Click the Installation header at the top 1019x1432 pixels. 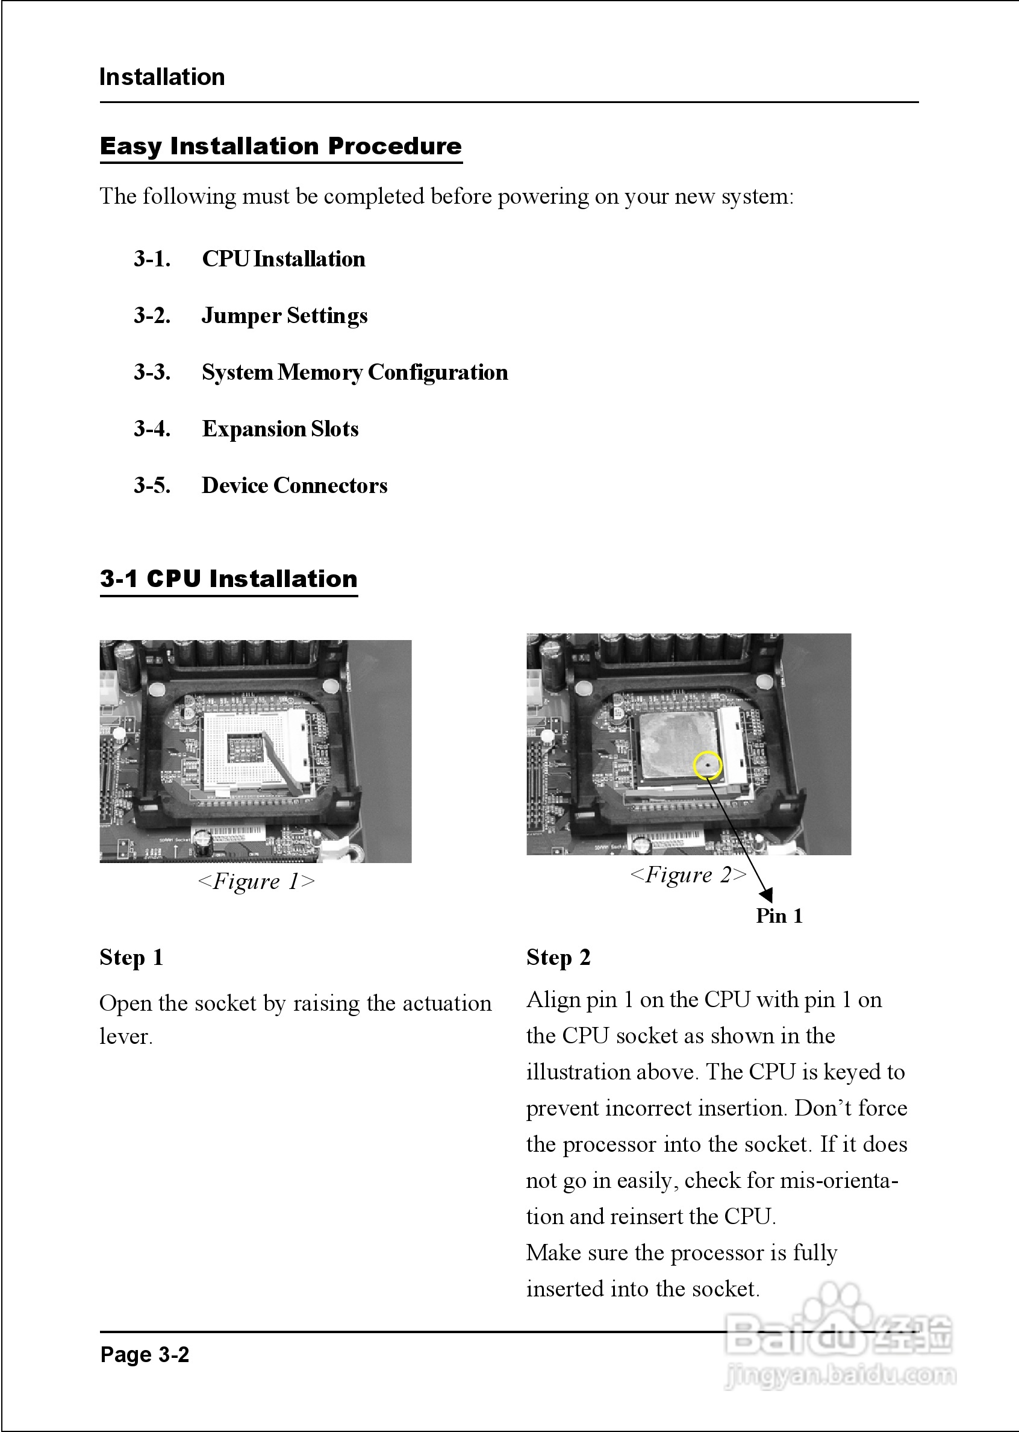[x=162, y=77]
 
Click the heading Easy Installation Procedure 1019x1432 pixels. [x=281, y=146]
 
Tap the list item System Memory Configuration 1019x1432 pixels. [x=354, y=372]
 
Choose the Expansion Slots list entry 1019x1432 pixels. [x=280, y=429]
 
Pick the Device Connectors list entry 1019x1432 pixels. [x=294, y=485]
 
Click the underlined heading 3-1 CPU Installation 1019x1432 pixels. [x=228, y=578]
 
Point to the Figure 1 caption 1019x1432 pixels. [x=256, y=881]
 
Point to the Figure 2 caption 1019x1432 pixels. [x=688, y=875]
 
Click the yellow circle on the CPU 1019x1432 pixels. [x=708, y=765]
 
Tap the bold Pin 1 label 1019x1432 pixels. [x=779, y=916]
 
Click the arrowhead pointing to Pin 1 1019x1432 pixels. [x=766, y=895]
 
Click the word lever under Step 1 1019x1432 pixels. [x=125, y=1037]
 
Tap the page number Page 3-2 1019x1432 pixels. [x=145, y=1355]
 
